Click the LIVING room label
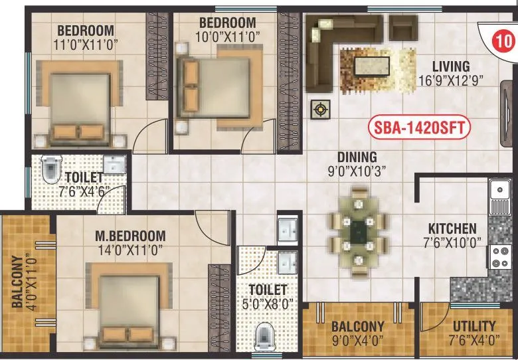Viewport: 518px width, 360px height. [451, 66]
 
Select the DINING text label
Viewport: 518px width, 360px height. [357, 157]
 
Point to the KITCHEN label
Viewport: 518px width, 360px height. [451, 227]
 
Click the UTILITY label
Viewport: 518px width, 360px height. [474, 326]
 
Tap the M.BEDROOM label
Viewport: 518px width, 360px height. [129, 236]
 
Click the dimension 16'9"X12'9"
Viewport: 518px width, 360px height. [451, 79]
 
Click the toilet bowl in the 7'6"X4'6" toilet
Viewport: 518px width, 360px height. [50, 170]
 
